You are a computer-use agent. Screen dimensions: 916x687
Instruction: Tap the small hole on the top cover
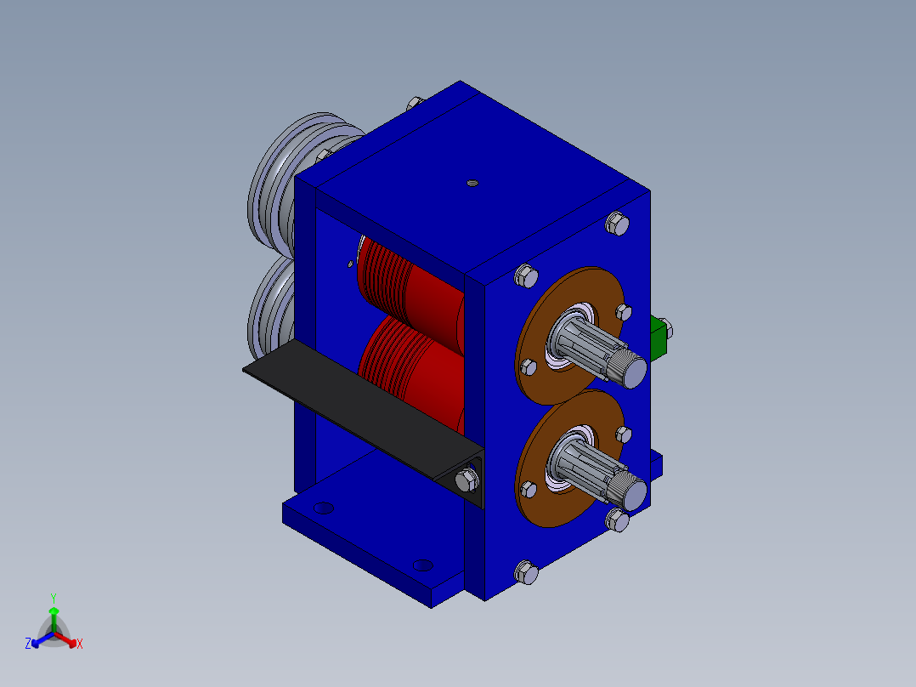coord(473,183)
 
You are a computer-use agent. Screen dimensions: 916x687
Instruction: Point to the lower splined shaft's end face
coord(635,495)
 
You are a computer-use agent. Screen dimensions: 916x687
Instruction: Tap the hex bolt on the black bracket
coord(466,480)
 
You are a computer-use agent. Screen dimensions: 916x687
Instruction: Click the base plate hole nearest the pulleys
coord(324,508)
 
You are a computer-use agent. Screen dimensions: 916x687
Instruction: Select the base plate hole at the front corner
coord(422,565)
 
